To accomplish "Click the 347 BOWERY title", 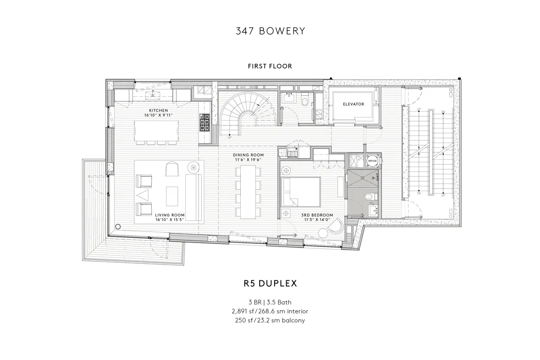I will point(270,31).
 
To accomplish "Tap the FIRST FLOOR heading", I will point(270,66).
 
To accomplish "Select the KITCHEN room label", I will point(158,110).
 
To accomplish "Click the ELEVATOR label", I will point(353,104).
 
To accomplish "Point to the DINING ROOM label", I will point(248,155).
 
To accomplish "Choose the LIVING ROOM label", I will point(170,215).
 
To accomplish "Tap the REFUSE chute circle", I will point(372,160).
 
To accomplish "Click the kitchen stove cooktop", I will point(204,122).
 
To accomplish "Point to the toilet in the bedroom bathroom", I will point(368,196).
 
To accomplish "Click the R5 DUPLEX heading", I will point(270,284).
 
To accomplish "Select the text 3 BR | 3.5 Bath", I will point(270,302).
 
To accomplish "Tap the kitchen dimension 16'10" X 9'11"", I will point(158,116).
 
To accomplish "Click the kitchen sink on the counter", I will point(156,95).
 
